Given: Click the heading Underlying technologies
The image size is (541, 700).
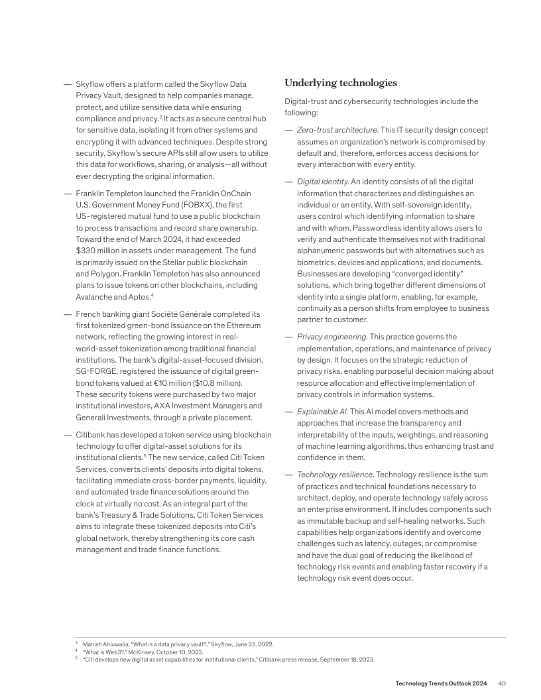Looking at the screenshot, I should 341,84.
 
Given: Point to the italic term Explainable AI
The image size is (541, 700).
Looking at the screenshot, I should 321,412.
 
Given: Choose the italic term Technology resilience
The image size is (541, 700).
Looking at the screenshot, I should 335,475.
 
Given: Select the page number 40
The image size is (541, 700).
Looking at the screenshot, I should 502,683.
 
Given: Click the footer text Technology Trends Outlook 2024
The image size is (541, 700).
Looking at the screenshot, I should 441,683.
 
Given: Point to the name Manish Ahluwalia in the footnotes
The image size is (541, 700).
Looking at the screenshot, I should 105,644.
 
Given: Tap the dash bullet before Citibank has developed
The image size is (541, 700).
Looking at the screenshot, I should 67,435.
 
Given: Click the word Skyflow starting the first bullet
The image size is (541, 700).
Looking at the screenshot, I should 90,84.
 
